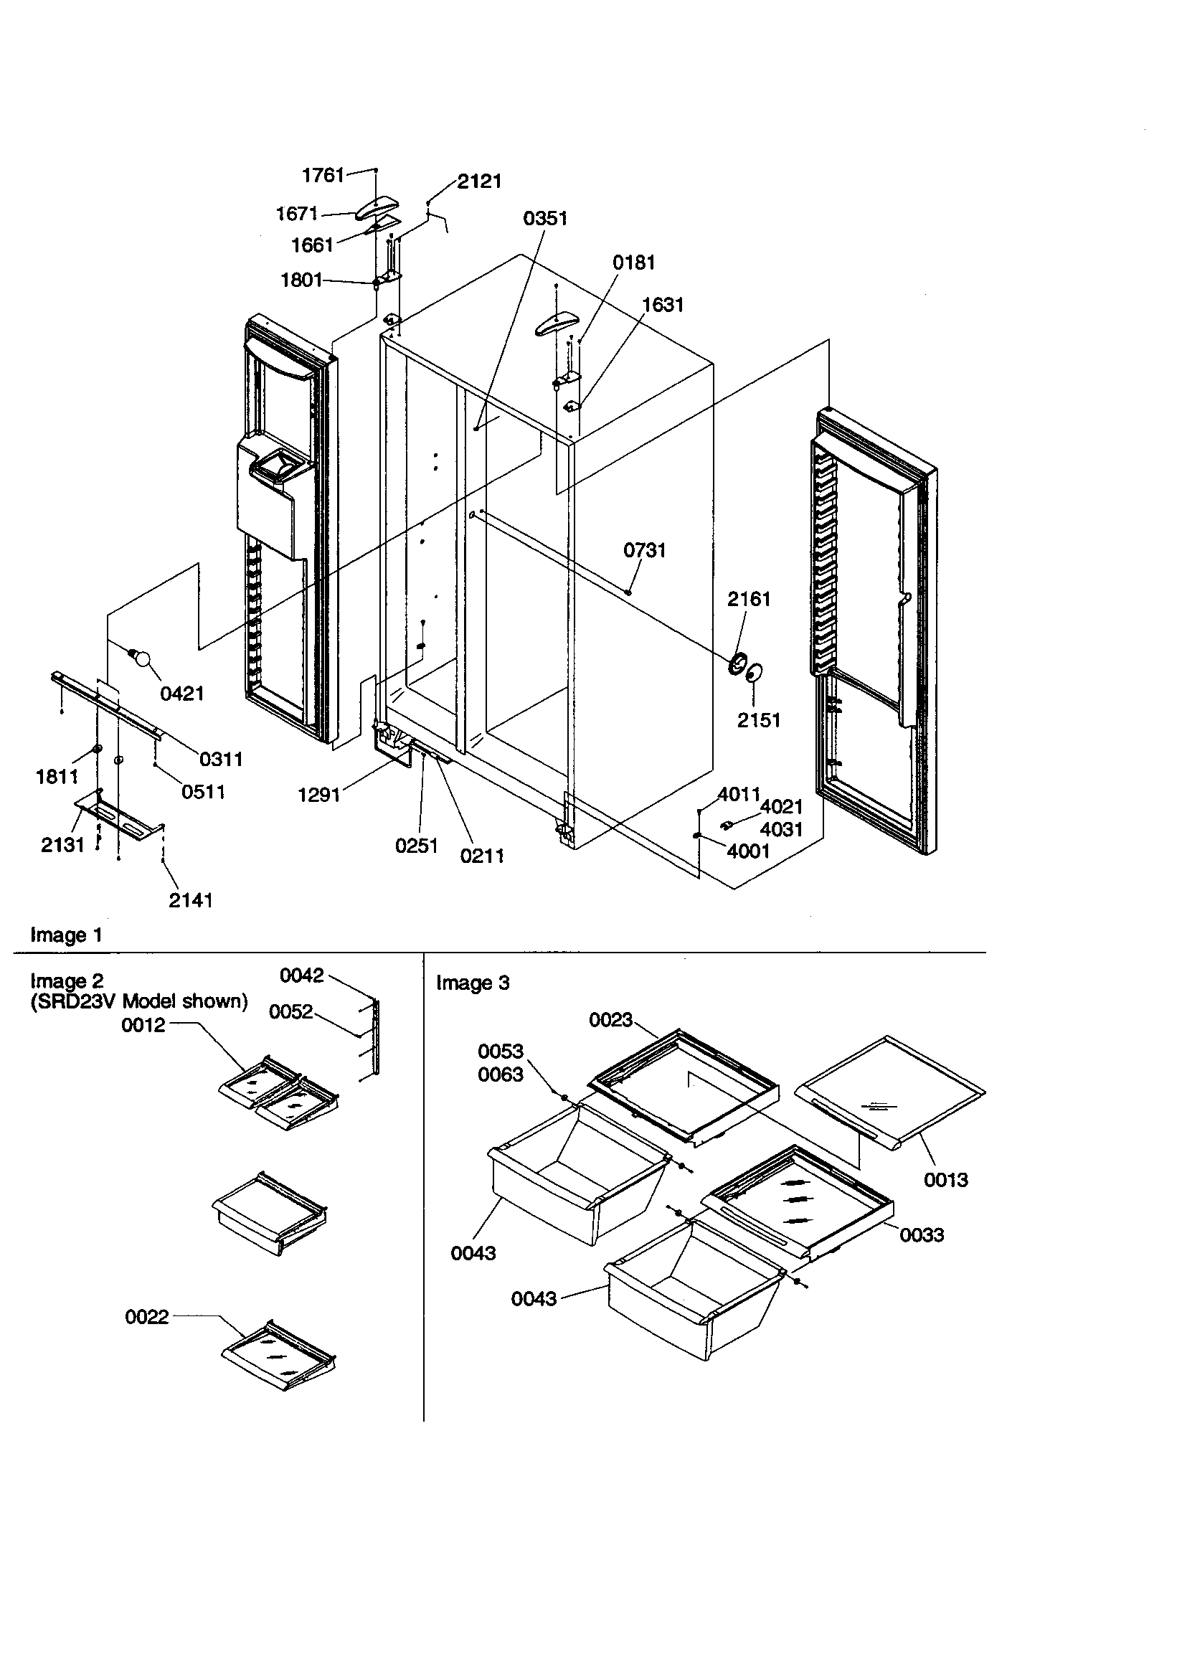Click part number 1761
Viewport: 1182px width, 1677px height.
323,175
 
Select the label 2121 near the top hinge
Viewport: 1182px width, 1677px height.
479,181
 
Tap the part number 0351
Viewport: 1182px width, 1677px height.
545,218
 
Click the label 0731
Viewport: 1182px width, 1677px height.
644,550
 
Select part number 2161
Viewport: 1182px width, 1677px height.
749,599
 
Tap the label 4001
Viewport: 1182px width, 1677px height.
749,851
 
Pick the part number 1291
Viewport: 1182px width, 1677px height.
319,795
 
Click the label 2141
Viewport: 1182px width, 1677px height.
191,901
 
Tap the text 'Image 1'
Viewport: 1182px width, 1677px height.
66,935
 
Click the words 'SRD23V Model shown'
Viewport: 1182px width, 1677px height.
139,1001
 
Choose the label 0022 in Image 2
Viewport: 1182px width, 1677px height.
147,1317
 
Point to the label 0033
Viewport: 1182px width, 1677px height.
921,1235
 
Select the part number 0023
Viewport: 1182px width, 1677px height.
611,1020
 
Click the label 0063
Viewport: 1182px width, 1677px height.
501,1074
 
